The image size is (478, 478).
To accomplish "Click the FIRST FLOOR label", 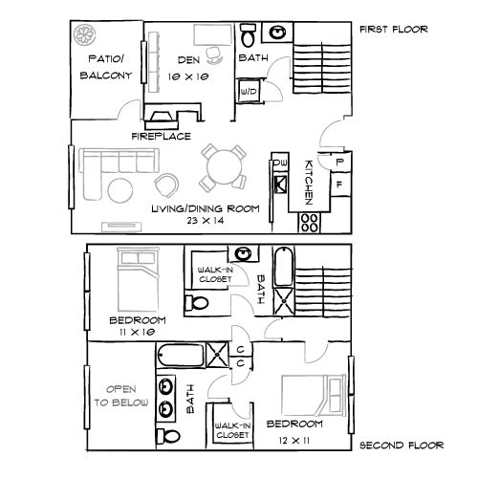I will (393, 29).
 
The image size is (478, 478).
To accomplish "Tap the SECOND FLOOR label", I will (401, 445).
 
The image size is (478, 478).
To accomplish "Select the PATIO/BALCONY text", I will (102, 72).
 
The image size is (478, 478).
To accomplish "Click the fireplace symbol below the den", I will (160, 117).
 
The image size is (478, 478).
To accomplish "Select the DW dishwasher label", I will (280, 163).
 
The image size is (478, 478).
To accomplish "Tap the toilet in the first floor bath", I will (247, 37).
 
